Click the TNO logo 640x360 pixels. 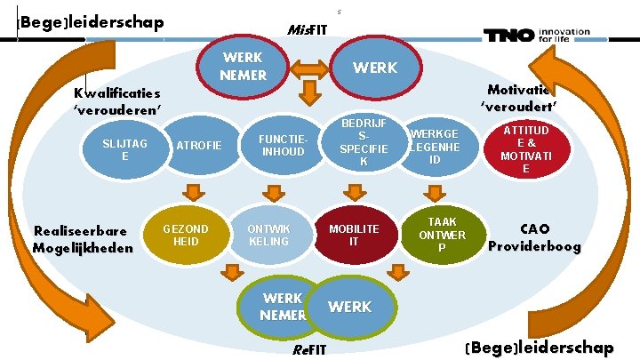tap(535, 36)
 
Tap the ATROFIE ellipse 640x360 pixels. tap(199, 145)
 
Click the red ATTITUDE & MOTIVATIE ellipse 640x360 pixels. tap(525, 148)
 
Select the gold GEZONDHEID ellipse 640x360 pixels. tap(186, 235)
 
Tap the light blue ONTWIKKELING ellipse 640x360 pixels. tap(268, 235)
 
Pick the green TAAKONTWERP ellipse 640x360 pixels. tap(441, 235)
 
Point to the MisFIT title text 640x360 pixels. tap(308, 30)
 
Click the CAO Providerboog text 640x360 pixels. tap(534, 236)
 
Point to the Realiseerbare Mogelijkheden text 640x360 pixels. tap(82, 239)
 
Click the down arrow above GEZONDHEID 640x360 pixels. tap(192, 191)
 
